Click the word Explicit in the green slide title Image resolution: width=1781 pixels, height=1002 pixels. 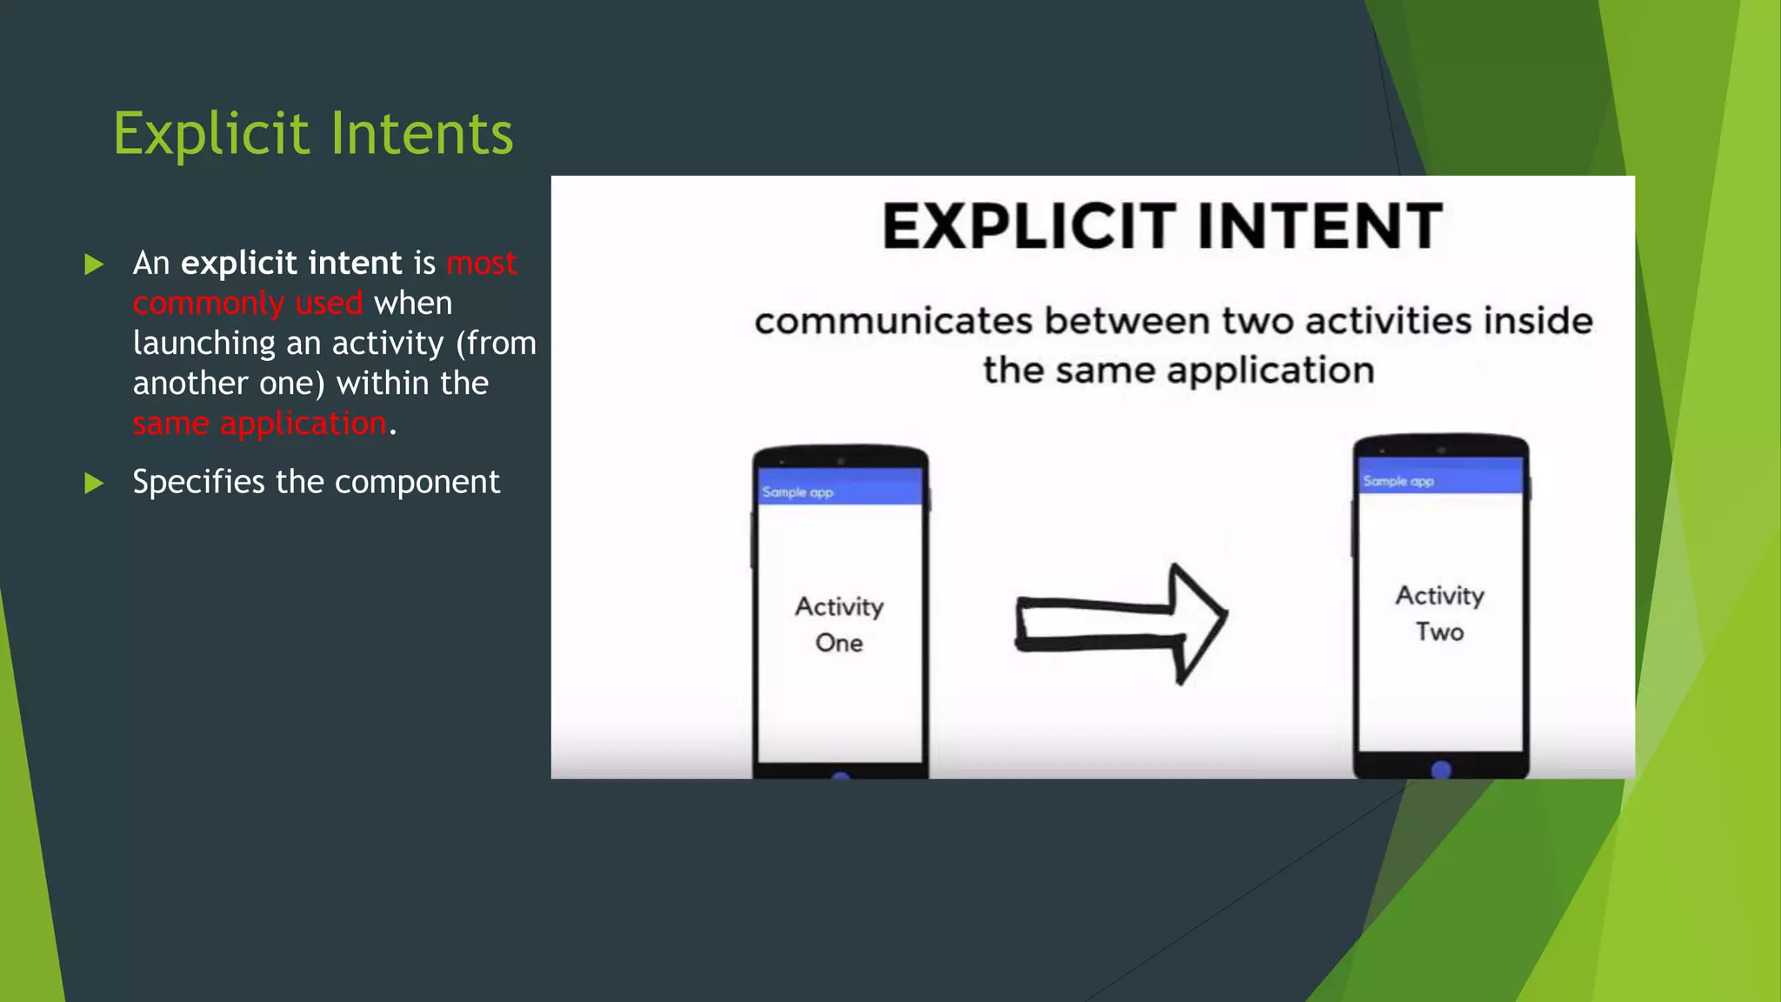(x=211, y=134)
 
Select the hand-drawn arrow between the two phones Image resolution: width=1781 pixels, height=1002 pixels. (x=1122, y=623)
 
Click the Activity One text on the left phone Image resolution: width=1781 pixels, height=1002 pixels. (x=839, y=624)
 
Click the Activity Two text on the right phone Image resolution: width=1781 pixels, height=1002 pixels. (x=1440, y=613)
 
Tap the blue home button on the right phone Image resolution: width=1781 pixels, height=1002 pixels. (x=1441, y=770)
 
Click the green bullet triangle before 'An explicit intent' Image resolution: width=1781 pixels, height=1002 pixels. (x=94, y=264)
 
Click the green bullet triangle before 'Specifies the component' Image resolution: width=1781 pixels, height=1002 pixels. (x=94, y=483)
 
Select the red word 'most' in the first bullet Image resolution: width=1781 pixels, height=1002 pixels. (x=482, y=264)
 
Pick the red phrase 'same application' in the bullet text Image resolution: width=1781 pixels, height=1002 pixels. (x=259, y=424)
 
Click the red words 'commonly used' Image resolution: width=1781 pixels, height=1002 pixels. (x=247, y=304)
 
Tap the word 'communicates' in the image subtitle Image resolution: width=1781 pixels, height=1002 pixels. (x=893, y=321)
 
